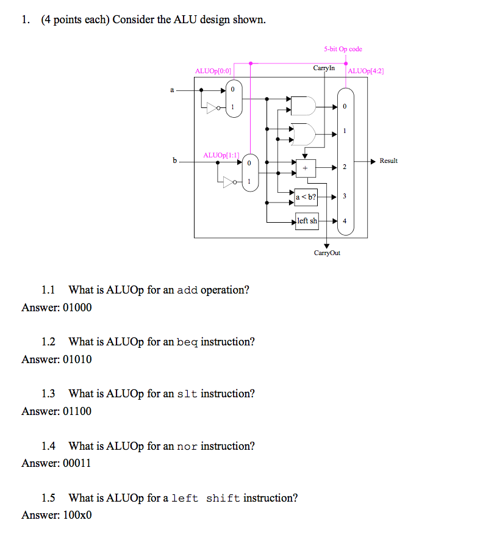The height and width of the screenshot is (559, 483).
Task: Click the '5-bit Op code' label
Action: (x=343, y=49)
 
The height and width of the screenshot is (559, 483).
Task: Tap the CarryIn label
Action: (x=324, y=68)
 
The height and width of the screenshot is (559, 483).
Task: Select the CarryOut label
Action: (x=327, y=253)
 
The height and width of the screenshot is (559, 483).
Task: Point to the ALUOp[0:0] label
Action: (x=213, y=71)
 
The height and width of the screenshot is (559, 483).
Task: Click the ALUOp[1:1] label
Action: (x=221, y=155)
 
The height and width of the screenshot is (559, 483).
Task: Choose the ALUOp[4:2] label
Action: (x=366, y=71)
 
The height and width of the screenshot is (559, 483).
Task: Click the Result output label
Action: (x=388, y=160)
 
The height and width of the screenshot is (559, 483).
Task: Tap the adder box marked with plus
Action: (x=306, y=168)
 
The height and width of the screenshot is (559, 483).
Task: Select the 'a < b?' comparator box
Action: (x=306, y=197)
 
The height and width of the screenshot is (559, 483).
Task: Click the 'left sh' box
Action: (x=307, y=221)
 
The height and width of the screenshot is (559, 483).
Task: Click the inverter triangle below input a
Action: (x=212, y=108)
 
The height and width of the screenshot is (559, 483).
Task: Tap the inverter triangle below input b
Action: (x=229, y=182)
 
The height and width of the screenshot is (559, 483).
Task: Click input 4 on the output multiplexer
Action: (x=345, y=221)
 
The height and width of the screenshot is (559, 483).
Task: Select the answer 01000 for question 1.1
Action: (x=77, y=308)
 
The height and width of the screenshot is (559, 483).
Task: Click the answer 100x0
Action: (x=77, y=515)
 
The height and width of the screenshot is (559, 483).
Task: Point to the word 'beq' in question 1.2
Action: (x=187, y=342)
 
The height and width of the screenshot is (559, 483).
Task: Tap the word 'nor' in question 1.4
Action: (x=187, y=446)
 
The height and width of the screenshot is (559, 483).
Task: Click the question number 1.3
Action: (x=48, y=394)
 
